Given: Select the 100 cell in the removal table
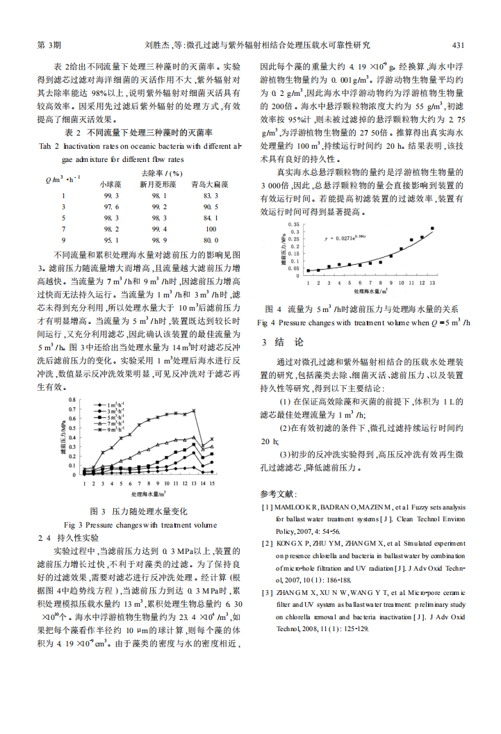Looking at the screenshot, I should [x=211, y=228].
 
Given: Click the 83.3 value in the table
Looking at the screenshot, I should [x=211, y=195].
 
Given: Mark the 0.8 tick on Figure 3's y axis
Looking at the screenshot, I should [x=74, y=401].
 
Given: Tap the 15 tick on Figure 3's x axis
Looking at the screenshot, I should [x=212, y=482].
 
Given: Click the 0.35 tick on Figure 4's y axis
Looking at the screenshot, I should [x=295, y=225].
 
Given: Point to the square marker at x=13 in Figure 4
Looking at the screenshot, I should [x=432, y=228].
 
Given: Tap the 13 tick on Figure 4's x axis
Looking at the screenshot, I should [x=432, y=284].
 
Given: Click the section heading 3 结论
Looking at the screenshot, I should [x=284, y=342].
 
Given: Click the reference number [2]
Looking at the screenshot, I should [x=266, y=543].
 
